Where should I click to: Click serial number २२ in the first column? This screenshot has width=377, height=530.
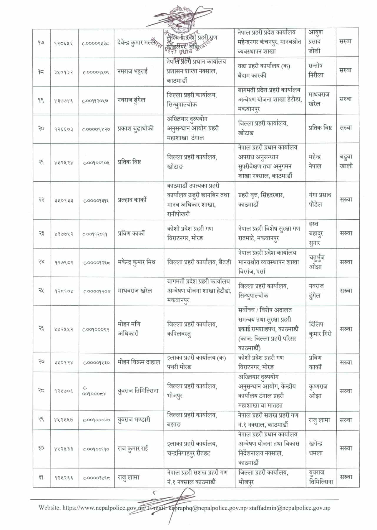[x=41, y=200]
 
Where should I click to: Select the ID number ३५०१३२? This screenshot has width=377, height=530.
[x=64, y=72]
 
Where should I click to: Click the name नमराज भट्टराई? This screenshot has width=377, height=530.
[x=132, y=71]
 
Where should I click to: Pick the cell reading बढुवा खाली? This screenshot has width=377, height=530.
[x=346, y=161]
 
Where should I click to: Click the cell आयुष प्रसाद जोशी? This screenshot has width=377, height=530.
[x=316, y=42]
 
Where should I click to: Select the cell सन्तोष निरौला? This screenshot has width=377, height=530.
[x=316, y=70]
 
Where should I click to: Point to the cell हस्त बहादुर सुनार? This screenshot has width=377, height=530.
[x=316, y=233]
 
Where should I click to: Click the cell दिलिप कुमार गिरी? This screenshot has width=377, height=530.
[x=320, y=329]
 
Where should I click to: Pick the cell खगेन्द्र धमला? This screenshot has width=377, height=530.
[x=316, y=448]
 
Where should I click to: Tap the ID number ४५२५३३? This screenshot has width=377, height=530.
[x=64, y=449]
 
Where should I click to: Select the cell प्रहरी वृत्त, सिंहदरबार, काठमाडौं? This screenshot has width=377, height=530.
[x=261, y=200]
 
